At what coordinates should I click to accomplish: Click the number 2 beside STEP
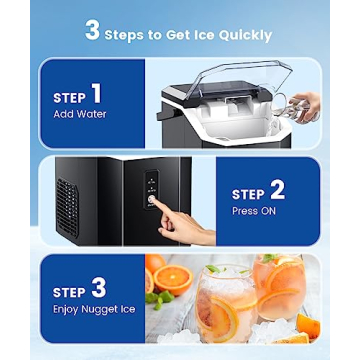(x=277, y=190)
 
